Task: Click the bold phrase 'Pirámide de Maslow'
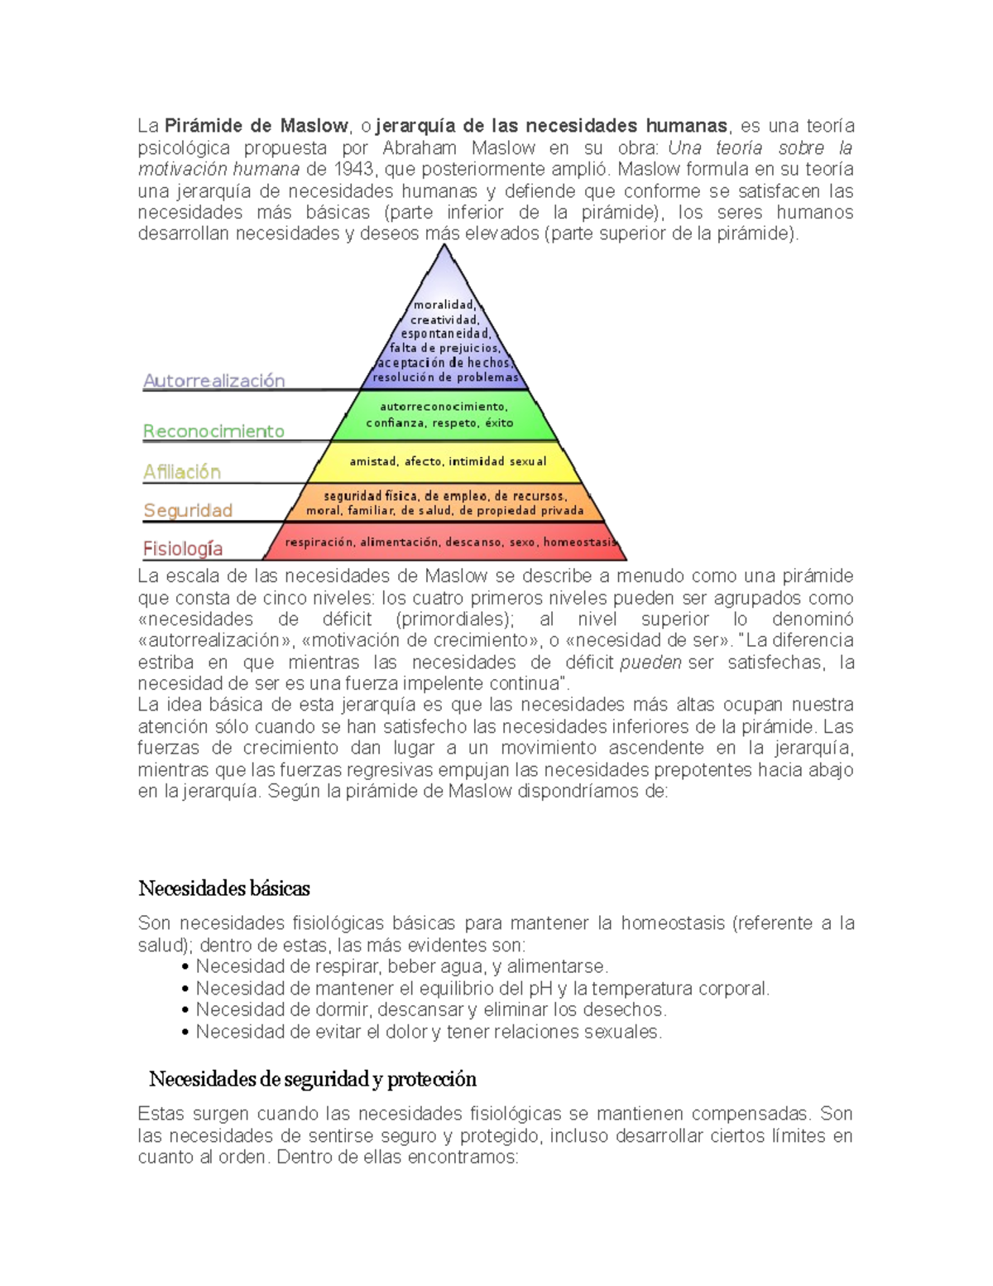[256, 126]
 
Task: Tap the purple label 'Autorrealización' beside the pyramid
[213, 381]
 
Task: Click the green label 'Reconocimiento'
[213, 431]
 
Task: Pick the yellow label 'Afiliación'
[182, 472]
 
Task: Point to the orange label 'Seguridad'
[188, 510]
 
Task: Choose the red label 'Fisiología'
[183, 548]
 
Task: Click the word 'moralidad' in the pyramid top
[444, 305]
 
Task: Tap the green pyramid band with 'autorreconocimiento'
[444, 415]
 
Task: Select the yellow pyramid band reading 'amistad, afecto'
[447, 461]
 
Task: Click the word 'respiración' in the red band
[319, 542]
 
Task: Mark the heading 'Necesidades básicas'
[224, 889]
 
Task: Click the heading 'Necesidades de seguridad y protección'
[313, 1079]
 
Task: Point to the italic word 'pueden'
[650, 662]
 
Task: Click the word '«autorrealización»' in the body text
[209, 641]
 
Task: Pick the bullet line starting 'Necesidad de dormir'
[430, 1010]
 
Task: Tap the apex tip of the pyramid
[444, 246]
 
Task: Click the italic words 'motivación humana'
[218, 169]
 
